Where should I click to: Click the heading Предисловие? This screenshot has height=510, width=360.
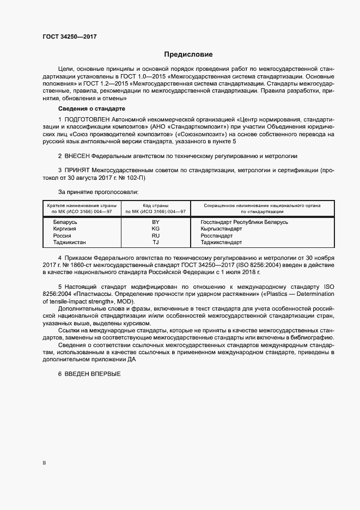(188, 54)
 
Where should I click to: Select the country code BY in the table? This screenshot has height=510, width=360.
(156, 222)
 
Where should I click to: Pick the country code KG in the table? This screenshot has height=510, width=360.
(156, 229)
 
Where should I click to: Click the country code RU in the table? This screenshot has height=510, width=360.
(156, 235)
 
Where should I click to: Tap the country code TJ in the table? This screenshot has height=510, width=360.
(156, 242)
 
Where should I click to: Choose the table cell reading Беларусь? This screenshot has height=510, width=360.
(65, 222)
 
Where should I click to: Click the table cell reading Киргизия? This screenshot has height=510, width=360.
(65, 229)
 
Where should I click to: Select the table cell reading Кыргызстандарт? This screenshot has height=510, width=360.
(221, 229)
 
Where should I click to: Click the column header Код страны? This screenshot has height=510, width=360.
(156, 205)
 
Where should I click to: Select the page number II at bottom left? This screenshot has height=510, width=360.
(44, 463)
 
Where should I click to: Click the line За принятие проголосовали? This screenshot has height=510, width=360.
(99, 192)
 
